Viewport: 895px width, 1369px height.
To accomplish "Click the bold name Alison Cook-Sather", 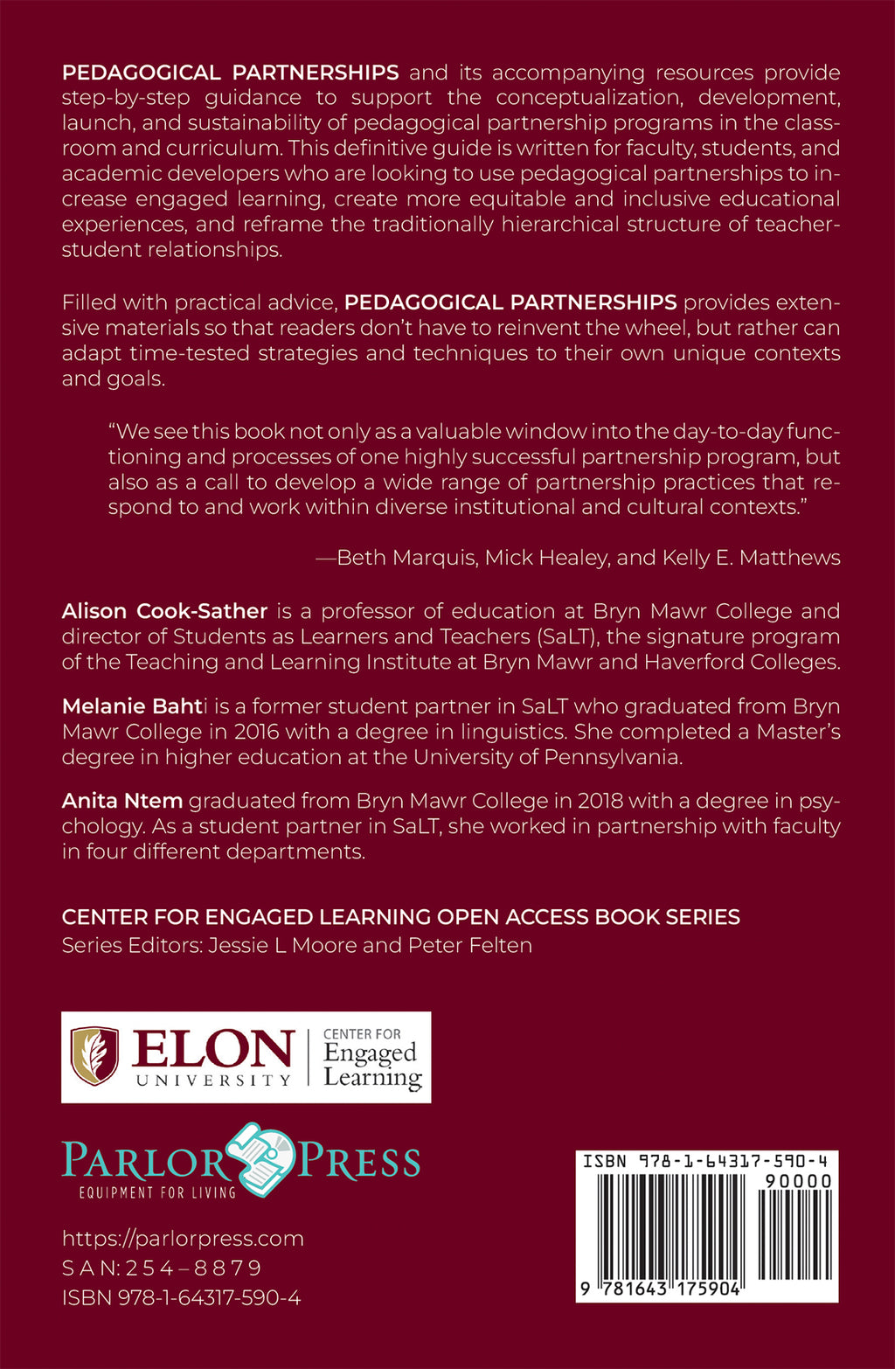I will click(x=164, y=611).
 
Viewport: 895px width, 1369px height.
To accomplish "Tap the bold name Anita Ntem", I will click(x=121, y=801).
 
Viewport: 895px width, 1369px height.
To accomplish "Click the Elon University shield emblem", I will click(x=94, y=1056).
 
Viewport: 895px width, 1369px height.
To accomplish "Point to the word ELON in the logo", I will click(x=212, y=1049).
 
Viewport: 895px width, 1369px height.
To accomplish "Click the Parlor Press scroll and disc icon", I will click(x=262, y=1158).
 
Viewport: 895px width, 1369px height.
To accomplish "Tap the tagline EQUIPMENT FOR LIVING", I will click(x=157, y=1192).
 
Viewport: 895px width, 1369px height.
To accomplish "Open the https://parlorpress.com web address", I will click(x=183, y=1239).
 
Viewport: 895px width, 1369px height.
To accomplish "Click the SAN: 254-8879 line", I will click(x=162, y=1268).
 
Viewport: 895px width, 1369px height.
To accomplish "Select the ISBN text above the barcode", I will click(x=705, y=1162).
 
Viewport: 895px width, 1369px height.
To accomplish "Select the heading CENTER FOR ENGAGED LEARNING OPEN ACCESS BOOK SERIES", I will click(x=400, y=917).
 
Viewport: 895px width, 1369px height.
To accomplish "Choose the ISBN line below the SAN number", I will click(x=181, y=1298).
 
